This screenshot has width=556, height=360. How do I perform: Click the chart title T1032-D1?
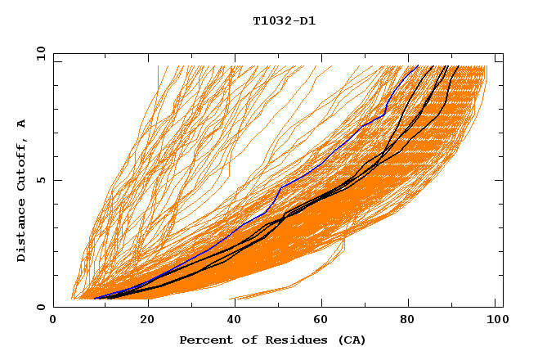284,21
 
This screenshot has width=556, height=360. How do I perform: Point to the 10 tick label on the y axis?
40,52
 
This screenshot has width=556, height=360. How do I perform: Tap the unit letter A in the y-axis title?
21,124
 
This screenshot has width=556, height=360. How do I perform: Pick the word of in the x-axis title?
244,340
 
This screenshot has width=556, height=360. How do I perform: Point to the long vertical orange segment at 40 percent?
230,123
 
